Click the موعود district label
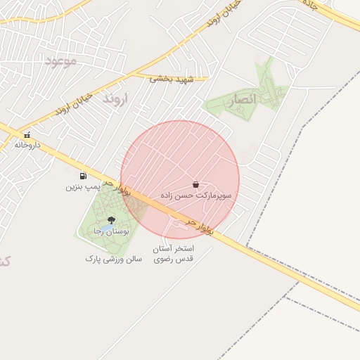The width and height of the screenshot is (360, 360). (x=61, y=61)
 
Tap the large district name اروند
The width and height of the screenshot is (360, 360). (x=113, y=98)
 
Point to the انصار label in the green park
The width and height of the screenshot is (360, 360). (x=242, y=101)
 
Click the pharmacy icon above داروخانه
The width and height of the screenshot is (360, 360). (x=27, y=135)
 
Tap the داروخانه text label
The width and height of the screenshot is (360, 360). (x=27, y=145)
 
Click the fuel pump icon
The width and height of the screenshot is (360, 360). (x=84, y=176)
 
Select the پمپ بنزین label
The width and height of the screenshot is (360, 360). (x=82, y=187)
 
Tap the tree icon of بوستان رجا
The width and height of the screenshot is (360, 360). (x=110, y=221)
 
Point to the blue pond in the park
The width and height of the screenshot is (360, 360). (x=103, y=230)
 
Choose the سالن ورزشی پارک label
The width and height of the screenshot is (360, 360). (x=114, y=259)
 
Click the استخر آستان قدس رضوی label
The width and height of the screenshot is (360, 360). (x=173, y=254)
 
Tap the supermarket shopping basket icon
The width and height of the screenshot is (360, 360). (x=195, y=184)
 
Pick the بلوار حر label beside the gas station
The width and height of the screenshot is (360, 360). (x=117, y=186)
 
